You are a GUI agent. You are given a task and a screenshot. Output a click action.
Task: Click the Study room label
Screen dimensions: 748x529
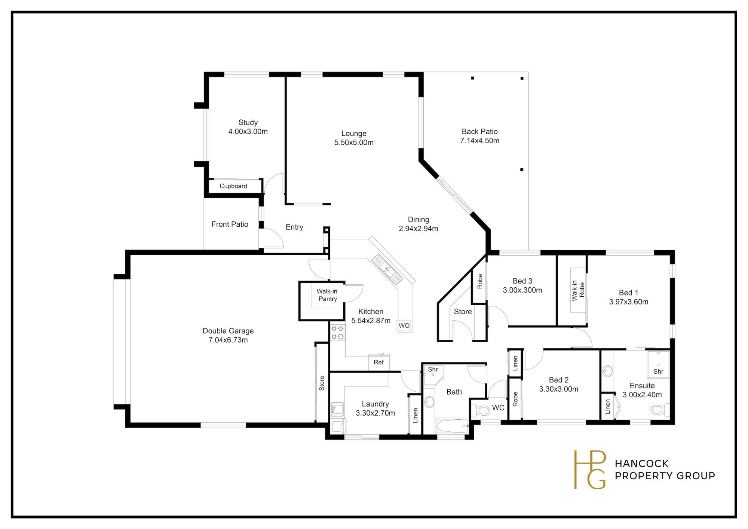pyautogui.click(x=248, y=122)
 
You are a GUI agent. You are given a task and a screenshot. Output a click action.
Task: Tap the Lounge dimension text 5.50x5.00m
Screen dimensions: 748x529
pyautogui.click(x=354, y=143)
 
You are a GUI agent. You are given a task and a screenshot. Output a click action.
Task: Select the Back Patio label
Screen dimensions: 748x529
pyautogui.click(x=479, y=131)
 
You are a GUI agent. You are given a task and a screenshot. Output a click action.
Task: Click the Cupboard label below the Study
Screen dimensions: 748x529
pyautogui.click(x=233, y=186)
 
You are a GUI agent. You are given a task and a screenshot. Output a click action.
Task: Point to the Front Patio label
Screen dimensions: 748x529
pyautogui.click(x=230, y=224)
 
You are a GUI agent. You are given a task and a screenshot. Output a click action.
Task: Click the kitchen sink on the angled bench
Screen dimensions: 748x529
pyautogui.click(x=387, y=269)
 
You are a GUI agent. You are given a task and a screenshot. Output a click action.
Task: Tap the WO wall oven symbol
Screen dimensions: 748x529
pyautogui.click(x=404, y=325)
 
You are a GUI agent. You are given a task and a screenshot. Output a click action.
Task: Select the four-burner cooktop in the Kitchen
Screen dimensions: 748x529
pyautogui.click(x=337, y=333)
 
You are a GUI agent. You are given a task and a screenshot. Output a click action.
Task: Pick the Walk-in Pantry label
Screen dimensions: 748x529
pyautogui.click(x=327, y=295)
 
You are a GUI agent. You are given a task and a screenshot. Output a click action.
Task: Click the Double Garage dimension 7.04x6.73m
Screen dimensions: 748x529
pyautogui.click(x=228, y=340)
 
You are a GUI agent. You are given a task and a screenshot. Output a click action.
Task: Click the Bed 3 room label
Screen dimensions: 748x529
pyautogui.click(x=522, y=281)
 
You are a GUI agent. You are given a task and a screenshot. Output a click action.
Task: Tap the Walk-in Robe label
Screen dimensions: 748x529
pyautogui.click(x=578, y=291)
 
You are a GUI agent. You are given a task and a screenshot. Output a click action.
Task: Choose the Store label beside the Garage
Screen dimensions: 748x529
pyautogui.click(x=322, y=383)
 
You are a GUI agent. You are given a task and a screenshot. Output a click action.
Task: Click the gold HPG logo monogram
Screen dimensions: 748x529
pyautogui.click(x=590, y=470)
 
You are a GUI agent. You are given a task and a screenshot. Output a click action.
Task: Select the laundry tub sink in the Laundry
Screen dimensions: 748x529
pyautogui.click(x=337, y=410)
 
